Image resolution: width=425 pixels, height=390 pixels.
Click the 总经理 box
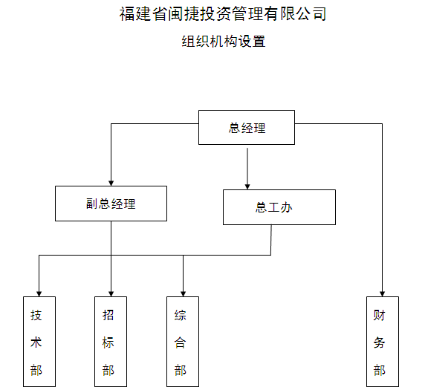(247, 127)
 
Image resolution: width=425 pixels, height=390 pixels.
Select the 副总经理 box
(111, 204)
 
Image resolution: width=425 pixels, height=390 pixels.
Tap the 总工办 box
(279, 207)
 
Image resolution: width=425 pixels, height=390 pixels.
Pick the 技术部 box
(39, 342)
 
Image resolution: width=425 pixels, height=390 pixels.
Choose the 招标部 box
(111, 342)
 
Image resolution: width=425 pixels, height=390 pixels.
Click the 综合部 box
(183, 342)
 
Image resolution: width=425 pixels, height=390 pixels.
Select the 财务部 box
(383, 342)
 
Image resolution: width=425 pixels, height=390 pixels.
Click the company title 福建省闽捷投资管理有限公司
(223, 14)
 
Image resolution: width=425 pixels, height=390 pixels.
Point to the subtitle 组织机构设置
(224, 42)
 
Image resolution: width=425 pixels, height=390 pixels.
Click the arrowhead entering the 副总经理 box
(111, 183)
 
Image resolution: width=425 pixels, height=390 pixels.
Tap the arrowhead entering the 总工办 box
(247, 186)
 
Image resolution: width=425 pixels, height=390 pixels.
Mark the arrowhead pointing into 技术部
(39, 293)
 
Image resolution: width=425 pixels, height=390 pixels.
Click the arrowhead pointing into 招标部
(111, 293)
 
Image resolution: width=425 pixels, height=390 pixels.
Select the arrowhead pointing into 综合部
(183, 293)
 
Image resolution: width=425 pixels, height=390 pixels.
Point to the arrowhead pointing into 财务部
(382, 293)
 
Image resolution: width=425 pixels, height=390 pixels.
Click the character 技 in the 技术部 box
(36, 315)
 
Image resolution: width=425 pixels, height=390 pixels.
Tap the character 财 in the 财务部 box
(379, 315)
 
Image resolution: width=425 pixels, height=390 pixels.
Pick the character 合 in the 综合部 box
(180, 342)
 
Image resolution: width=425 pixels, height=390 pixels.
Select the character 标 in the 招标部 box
(108, 342)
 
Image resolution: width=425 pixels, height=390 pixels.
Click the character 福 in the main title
(127, 14)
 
